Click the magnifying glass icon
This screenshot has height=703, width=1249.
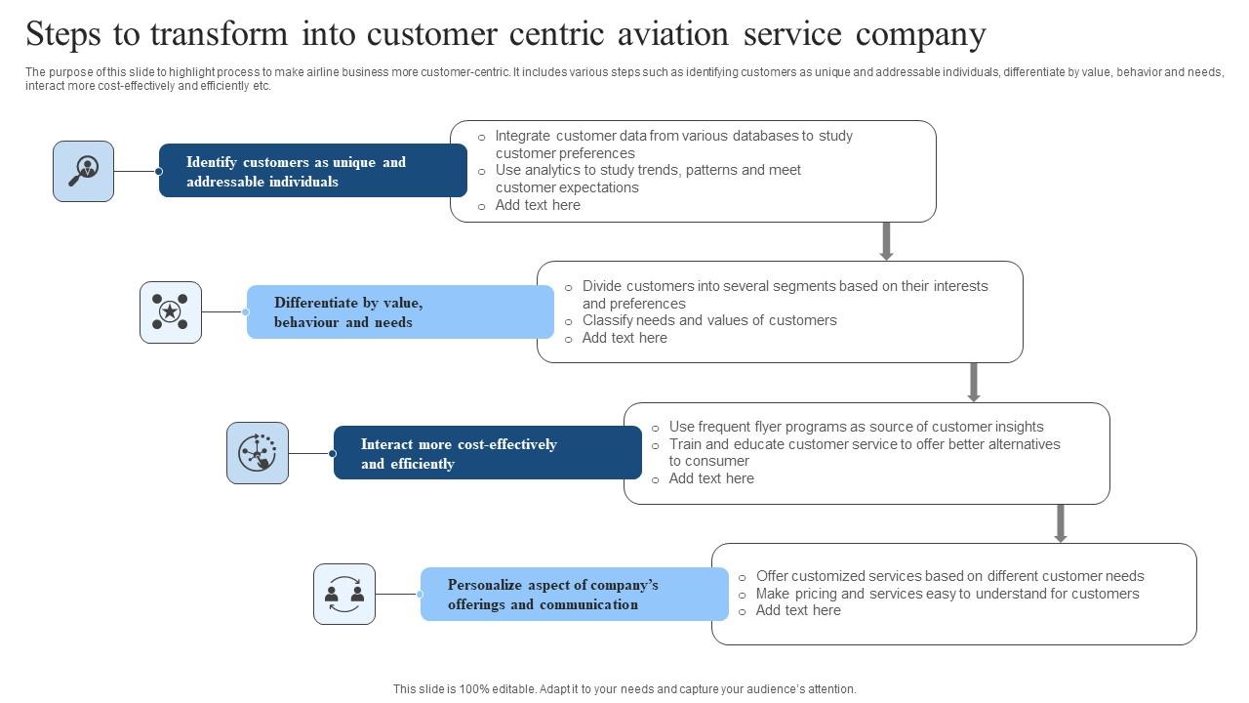[x=83, y=171]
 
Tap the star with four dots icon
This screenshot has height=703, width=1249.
[x=170, y=312]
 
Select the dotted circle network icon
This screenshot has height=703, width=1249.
[x=258, y=453]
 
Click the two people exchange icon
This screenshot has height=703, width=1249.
[x=344, y=594]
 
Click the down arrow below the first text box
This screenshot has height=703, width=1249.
[x=886, y=241]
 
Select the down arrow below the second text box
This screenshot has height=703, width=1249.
[x=973, y=382]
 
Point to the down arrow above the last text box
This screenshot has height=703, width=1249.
[x=1061, y=523]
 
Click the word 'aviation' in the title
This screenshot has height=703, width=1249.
[x=673, y=34]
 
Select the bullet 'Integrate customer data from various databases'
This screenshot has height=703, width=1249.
[x=673, y=145]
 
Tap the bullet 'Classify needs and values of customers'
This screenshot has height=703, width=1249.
[x=709, y=320]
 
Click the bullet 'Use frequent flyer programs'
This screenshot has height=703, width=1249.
[x=856, y=427]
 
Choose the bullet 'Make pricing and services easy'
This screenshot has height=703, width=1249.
[x=947, y=594]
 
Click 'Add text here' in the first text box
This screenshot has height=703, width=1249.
[x=538, y=205]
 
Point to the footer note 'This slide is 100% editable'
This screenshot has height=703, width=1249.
[x=624, y=689]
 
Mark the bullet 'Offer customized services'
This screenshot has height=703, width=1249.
[x=949, y=576]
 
